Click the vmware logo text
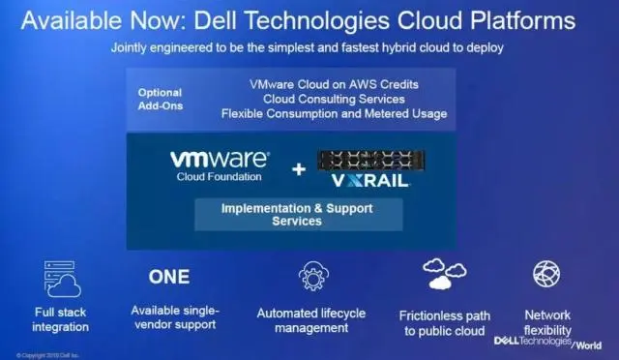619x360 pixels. pyautogui.click(x=220, y=159)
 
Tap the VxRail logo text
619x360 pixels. pyautogui.click(x=370, y=180)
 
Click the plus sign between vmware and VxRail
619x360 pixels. pyautogui.click(x=298, y=168)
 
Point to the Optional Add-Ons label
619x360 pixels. pyautogui.click(x=160, y=100)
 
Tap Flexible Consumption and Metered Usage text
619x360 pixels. pyautogui.click(x=334, y=114)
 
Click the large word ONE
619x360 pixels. pyautogui.click(x=169, y=277)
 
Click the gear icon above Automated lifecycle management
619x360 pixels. pyautogui.click(x=312, y=277)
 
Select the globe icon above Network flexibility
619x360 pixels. pyautogui.click(x=546, y=274)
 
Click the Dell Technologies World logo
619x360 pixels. pyautogui.click(x=547, y=342)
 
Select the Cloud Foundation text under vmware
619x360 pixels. pyautogui.click(x=220, y=177)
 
